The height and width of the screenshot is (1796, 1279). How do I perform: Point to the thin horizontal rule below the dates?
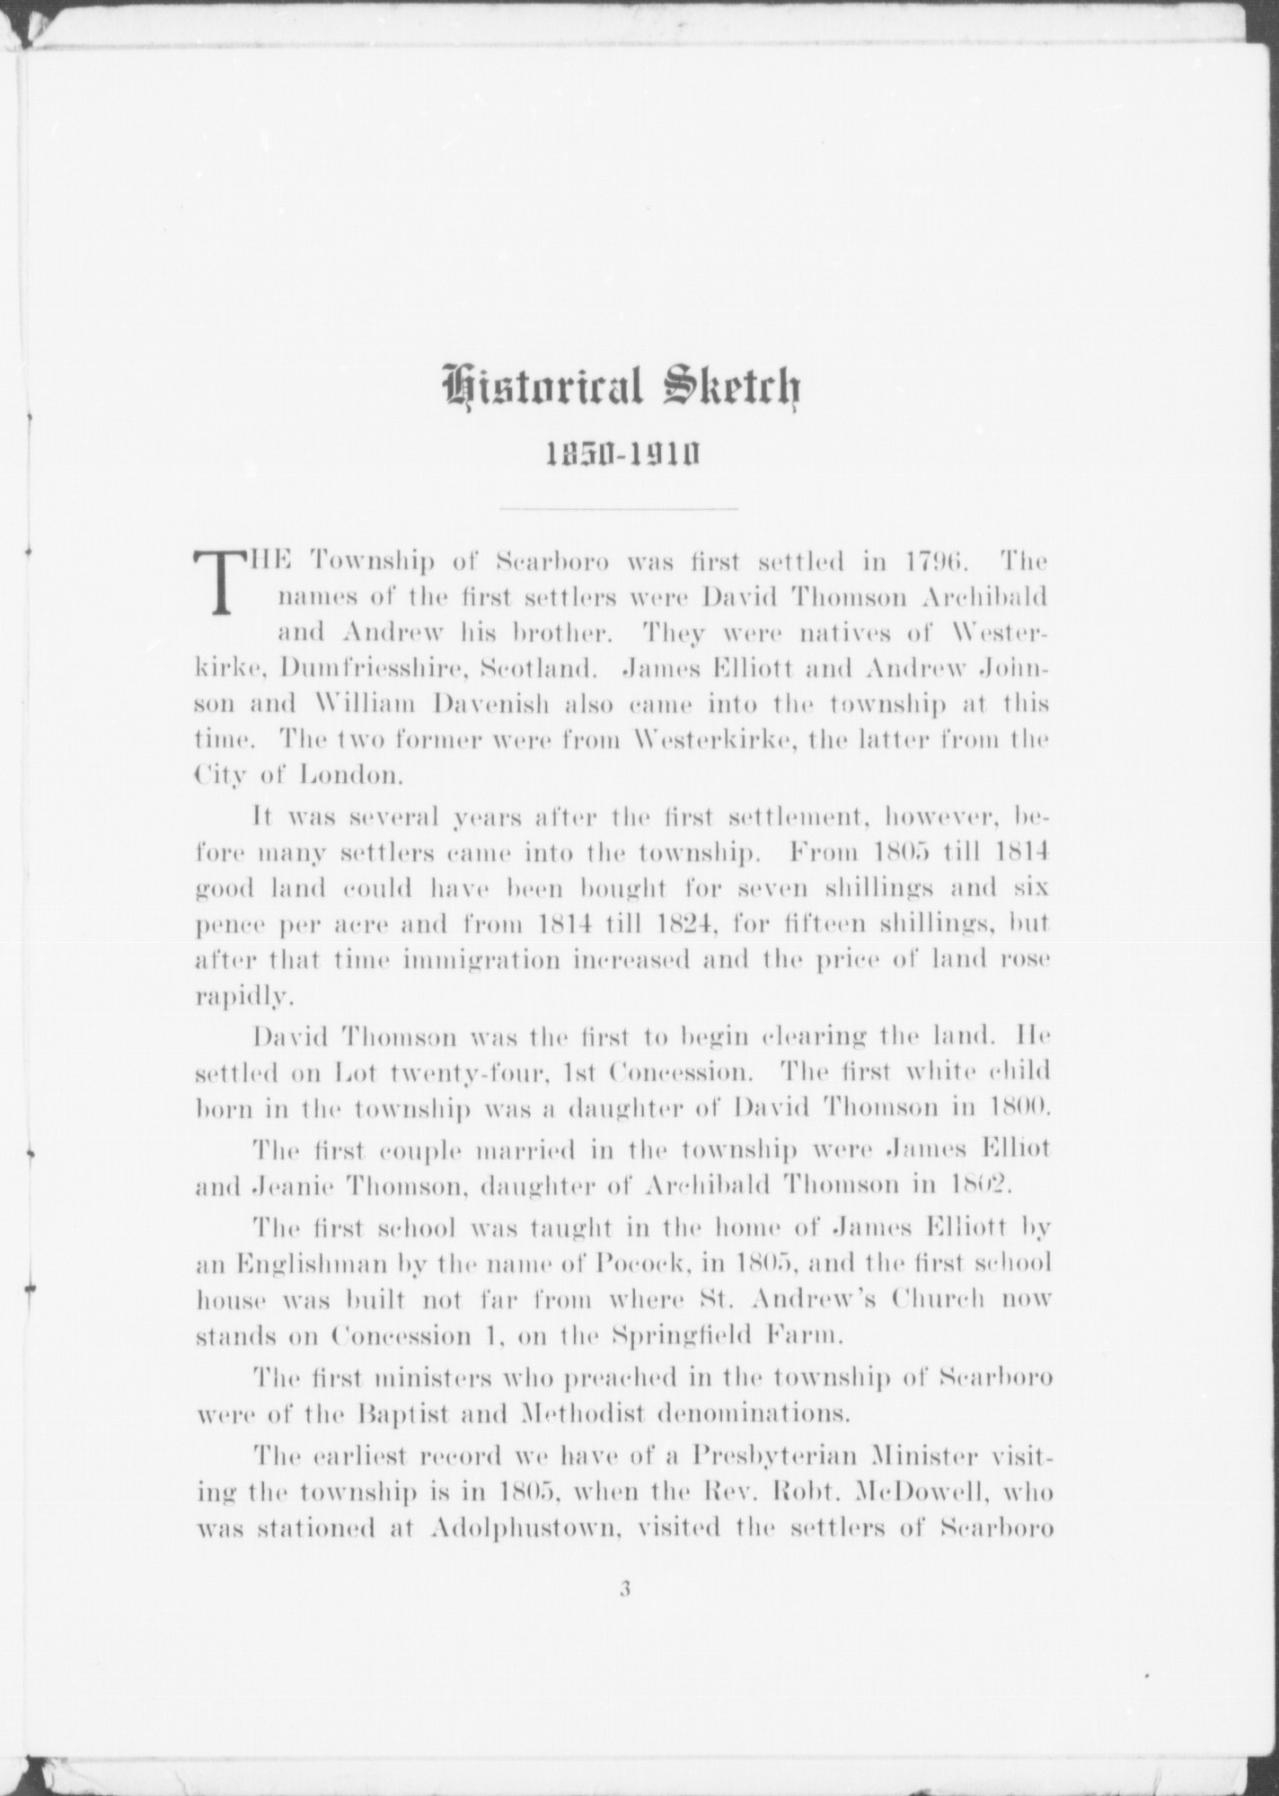point(619,509)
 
